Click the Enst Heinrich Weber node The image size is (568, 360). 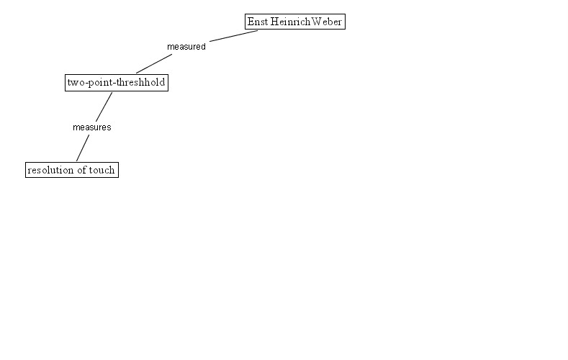click(x=294, y=22)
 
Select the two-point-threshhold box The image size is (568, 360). click(x=116, y=83)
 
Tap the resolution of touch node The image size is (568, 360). click(x=71, y=170)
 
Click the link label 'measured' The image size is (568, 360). click(x=186, y=47)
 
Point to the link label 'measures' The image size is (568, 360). click(x=91, y=127)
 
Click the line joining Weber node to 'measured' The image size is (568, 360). click(x=233, y=35)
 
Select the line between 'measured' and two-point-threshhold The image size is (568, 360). click(x=153, y=64)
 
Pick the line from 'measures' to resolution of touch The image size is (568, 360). click(x=82, y=148)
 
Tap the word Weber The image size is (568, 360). click(x=327, y=22)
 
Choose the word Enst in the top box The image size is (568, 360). click(x=258, y=22)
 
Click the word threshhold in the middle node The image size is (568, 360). click(x=143, y=83)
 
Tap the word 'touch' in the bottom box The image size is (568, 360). click(x=102, y=170)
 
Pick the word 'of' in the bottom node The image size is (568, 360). click(x=80, y=170)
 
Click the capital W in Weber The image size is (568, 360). click(x=317, y=22)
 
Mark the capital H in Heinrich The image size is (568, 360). click(x=274, y=22)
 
